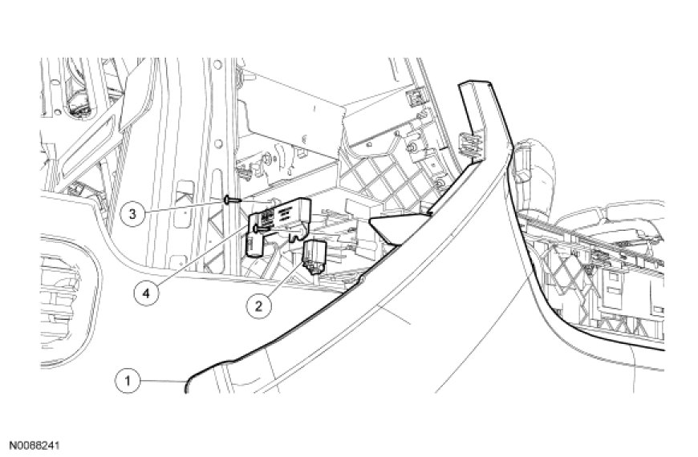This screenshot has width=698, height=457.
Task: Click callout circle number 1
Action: click(x=125, y=379)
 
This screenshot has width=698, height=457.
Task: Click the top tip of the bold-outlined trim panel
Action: click(x=469, y=84)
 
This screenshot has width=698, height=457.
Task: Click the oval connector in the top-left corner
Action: click(x=82, y=103)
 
